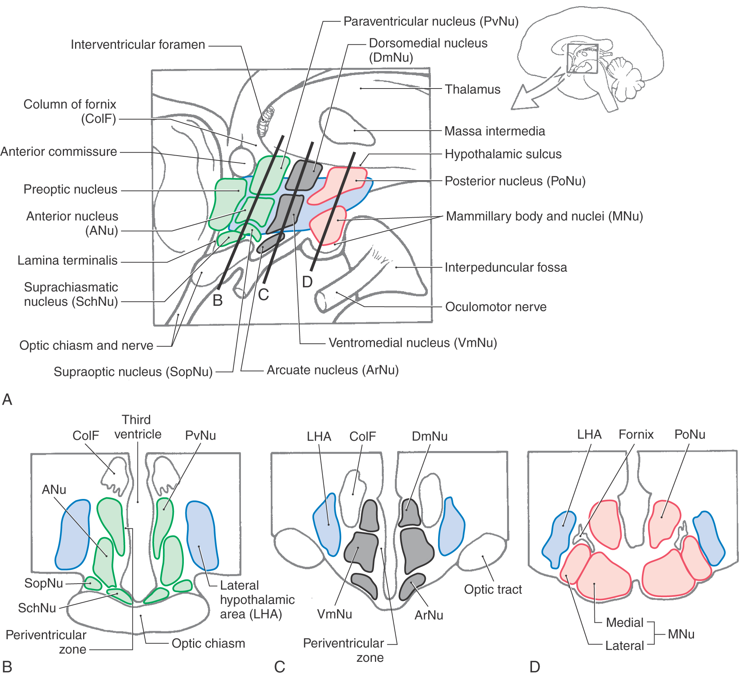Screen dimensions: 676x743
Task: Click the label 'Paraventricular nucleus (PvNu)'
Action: tap(430, 21)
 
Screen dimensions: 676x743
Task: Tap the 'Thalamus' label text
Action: tap(472, 89)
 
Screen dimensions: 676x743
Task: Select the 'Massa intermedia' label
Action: tap(494, 131)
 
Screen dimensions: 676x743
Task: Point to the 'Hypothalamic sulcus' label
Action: tap(503, 154)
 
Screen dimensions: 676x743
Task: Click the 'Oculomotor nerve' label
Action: tap(496, 307)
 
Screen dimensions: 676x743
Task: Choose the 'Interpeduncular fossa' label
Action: tap(506, 267)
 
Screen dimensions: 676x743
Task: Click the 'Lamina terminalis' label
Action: tap(67, 260)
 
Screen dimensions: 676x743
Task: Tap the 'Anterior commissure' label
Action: tap(59, 151)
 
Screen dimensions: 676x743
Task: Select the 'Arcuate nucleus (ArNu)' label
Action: tap(332, 370)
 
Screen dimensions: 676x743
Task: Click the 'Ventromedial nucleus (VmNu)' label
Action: tap(412, 343)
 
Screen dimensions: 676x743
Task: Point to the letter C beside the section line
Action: tap(263, 295)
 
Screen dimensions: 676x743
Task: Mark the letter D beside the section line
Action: tap(307, 282)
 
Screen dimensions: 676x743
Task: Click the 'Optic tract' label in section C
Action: tap(493, 589)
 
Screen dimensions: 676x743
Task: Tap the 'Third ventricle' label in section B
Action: tap(137, 427)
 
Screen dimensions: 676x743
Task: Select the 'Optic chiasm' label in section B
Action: tap(208, 643)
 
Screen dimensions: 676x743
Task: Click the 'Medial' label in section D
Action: tap(624, 622)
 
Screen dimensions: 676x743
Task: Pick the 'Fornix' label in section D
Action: tap(636, 434)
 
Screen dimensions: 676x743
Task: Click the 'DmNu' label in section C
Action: tap(429, 436)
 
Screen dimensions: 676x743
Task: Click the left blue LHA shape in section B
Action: tap(73, 535)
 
